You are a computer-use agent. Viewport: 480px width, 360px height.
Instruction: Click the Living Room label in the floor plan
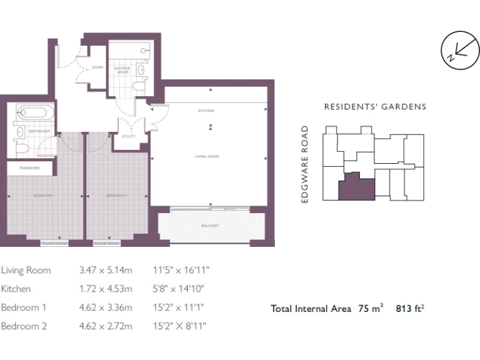click(x=210, y=156)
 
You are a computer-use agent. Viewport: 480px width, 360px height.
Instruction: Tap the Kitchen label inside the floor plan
click(x=206, y=111)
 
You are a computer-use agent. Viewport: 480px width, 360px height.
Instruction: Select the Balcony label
click(x=210, y=226)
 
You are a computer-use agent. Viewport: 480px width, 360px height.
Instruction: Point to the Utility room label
click(x=129, y=136)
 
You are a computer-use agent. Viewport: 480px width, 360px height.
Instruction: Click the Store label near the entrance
click(x=97, y=67)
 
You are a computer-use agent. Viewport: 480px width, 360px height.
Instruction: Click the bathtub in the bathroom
click(x=32, y=114)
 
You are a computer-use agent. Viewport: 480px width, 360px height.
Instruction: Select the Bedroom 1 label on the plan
click(x=44, y=196)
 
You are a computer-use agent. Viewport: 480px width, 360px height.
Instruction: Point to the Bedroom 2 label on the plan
click(x=117, y=196)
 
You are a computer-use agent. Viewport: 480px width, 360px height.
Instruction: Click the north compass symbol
click(x=459, y=51)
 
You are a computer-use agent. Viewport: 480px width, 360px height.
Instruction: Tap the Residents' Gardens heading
click(x=375, y=107)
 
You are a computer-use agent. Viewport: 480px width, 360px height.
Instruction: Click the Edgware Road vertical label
click(x=306, y=164)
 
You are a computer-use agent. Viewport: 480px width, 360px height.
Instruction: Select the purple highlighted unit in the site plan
click(x=357, y=187)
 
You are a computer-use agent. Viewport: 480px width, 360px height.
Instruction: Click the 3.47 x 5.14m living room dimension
click(x=106, y=271)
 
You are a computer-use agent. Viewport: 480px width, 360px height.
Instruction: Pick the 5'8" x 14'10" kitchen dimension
click(x=179, y=289)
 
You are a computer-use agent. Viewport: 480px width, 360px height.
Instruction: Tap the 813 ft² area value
click(x=410, y=308)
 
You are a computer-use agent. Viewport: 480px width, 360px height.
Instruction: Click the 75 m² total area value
click(x=371, y=308)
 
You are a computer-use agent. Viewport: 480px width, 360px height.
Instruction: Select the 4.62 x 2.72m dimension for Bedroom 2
click(x=106, y=326)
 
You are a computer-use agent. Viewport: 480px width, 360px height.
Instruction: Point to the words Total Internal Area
click(x=311, y=308)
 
